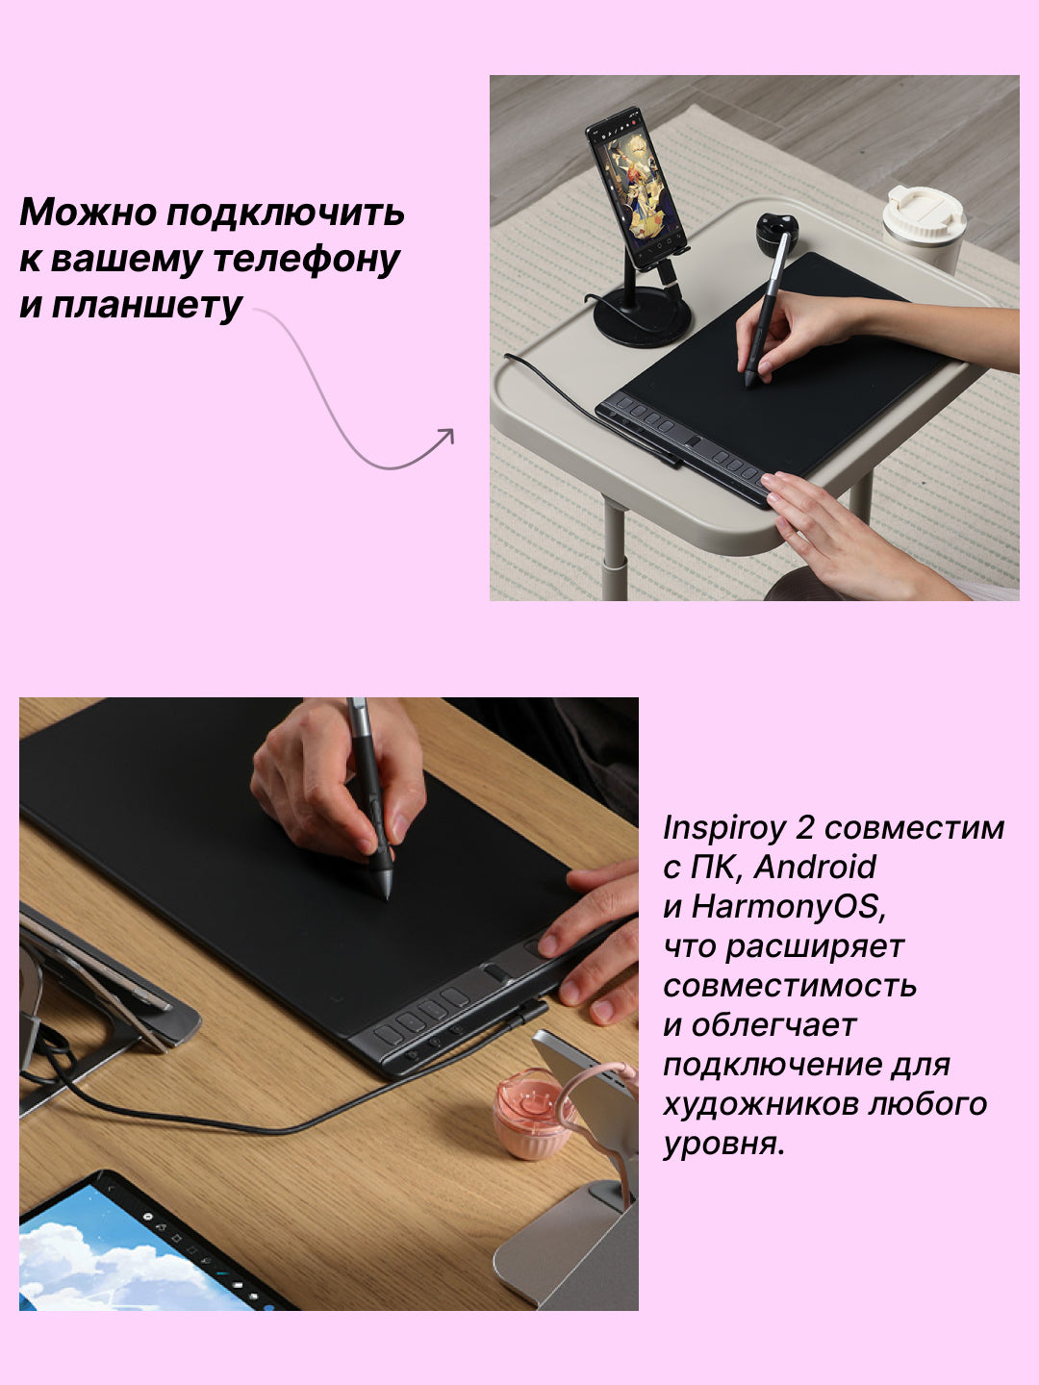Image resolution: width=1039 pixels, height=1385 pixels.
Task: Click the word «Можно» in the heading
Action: (89, 212)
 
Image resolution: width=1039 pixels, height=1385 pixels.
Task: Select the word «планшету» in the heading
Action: (146, 306)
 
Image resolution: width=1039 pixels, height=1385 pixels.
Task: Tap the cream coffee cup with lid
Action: (924, 227)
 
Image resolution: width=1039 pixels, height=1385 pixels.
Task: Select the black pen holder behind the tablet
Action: (776, 234)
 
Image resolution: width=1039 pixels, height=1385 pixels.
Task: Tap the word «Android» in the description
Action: (815, 867)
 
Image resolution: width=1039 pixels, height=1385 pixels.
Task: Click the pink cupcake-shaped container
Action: (532, 1114)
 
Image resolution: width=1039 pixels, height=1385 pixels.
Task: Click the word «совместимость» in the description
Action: (790, 986)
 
